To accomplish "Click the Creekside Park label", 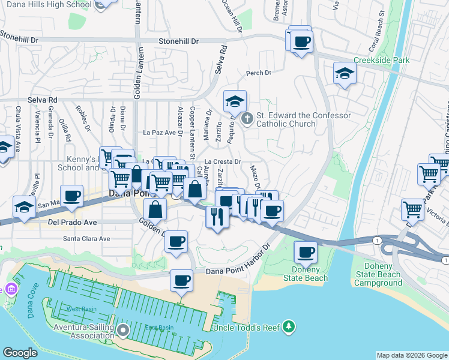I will click(381, 61).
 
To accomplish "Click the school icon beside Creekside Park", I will click(345, 74).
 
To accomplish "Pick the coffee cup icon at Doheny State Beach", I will click(306, 253).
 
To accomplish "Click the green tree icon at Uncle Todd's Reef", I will click(289, 326).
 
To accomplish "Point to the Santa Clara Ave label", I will click(87, 238).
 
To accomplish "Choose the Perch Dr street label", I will click(259, 73).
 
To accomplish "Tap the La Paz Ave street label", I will click(158, 132).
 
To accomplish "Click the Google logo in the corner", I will click(20, 352).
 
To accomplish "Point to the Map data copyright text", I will click(412, 355).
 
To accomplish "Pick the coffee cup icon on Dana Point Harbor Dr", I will click(181, 280).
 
